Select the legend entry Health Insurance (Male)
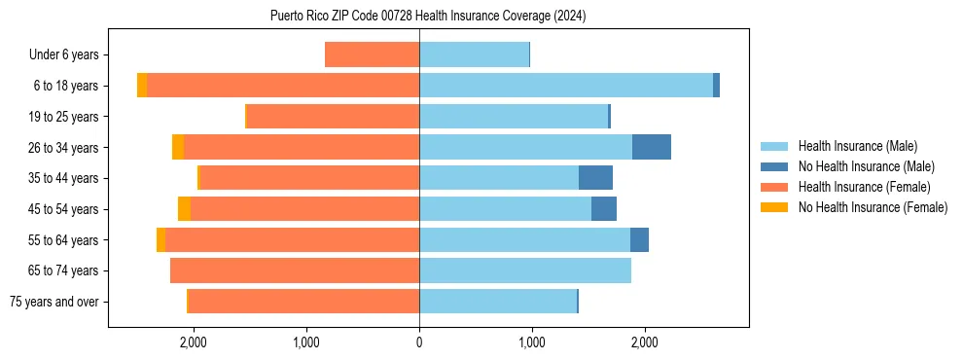click(x=857, y=146)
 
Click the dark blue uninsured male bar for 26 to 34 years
click(x=652, y=147)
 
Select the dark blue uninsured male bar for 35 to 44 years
click(x=595, y=178)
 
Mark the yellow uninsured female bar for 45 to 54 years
click(x=184, y=209)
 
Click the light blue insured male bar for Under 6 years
click(x=474, y=54)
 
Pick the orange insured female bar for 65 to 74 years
click(x=295, y=270)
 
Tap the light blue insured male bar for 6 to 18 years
click(x=566, y=86)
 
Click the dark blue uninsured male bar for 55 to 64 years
click(x=639, y=240)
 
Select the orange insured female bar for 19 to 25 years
click(x=333, y=117)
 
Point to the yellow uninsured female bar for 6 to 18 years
click(x=142, y=86)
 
